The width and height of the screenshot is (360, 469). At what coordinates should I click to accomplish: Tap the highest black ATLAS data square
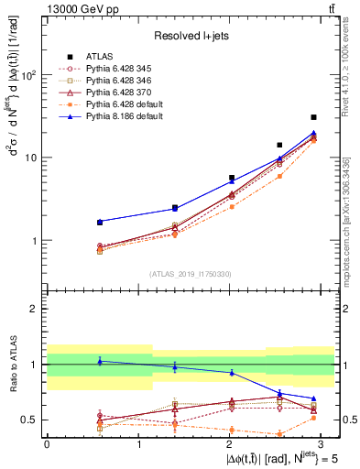[x=313, y=117]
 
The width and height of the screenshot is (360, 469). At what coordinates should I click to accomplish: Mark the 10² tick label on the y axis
[x=30, y=75]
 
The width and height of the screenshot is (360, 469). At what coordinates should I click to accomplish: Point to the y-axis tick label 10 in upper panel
[x=32, y=158]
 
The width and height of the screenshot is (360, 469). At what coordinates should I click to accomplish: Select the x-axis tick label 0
[x=47, y=442]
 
